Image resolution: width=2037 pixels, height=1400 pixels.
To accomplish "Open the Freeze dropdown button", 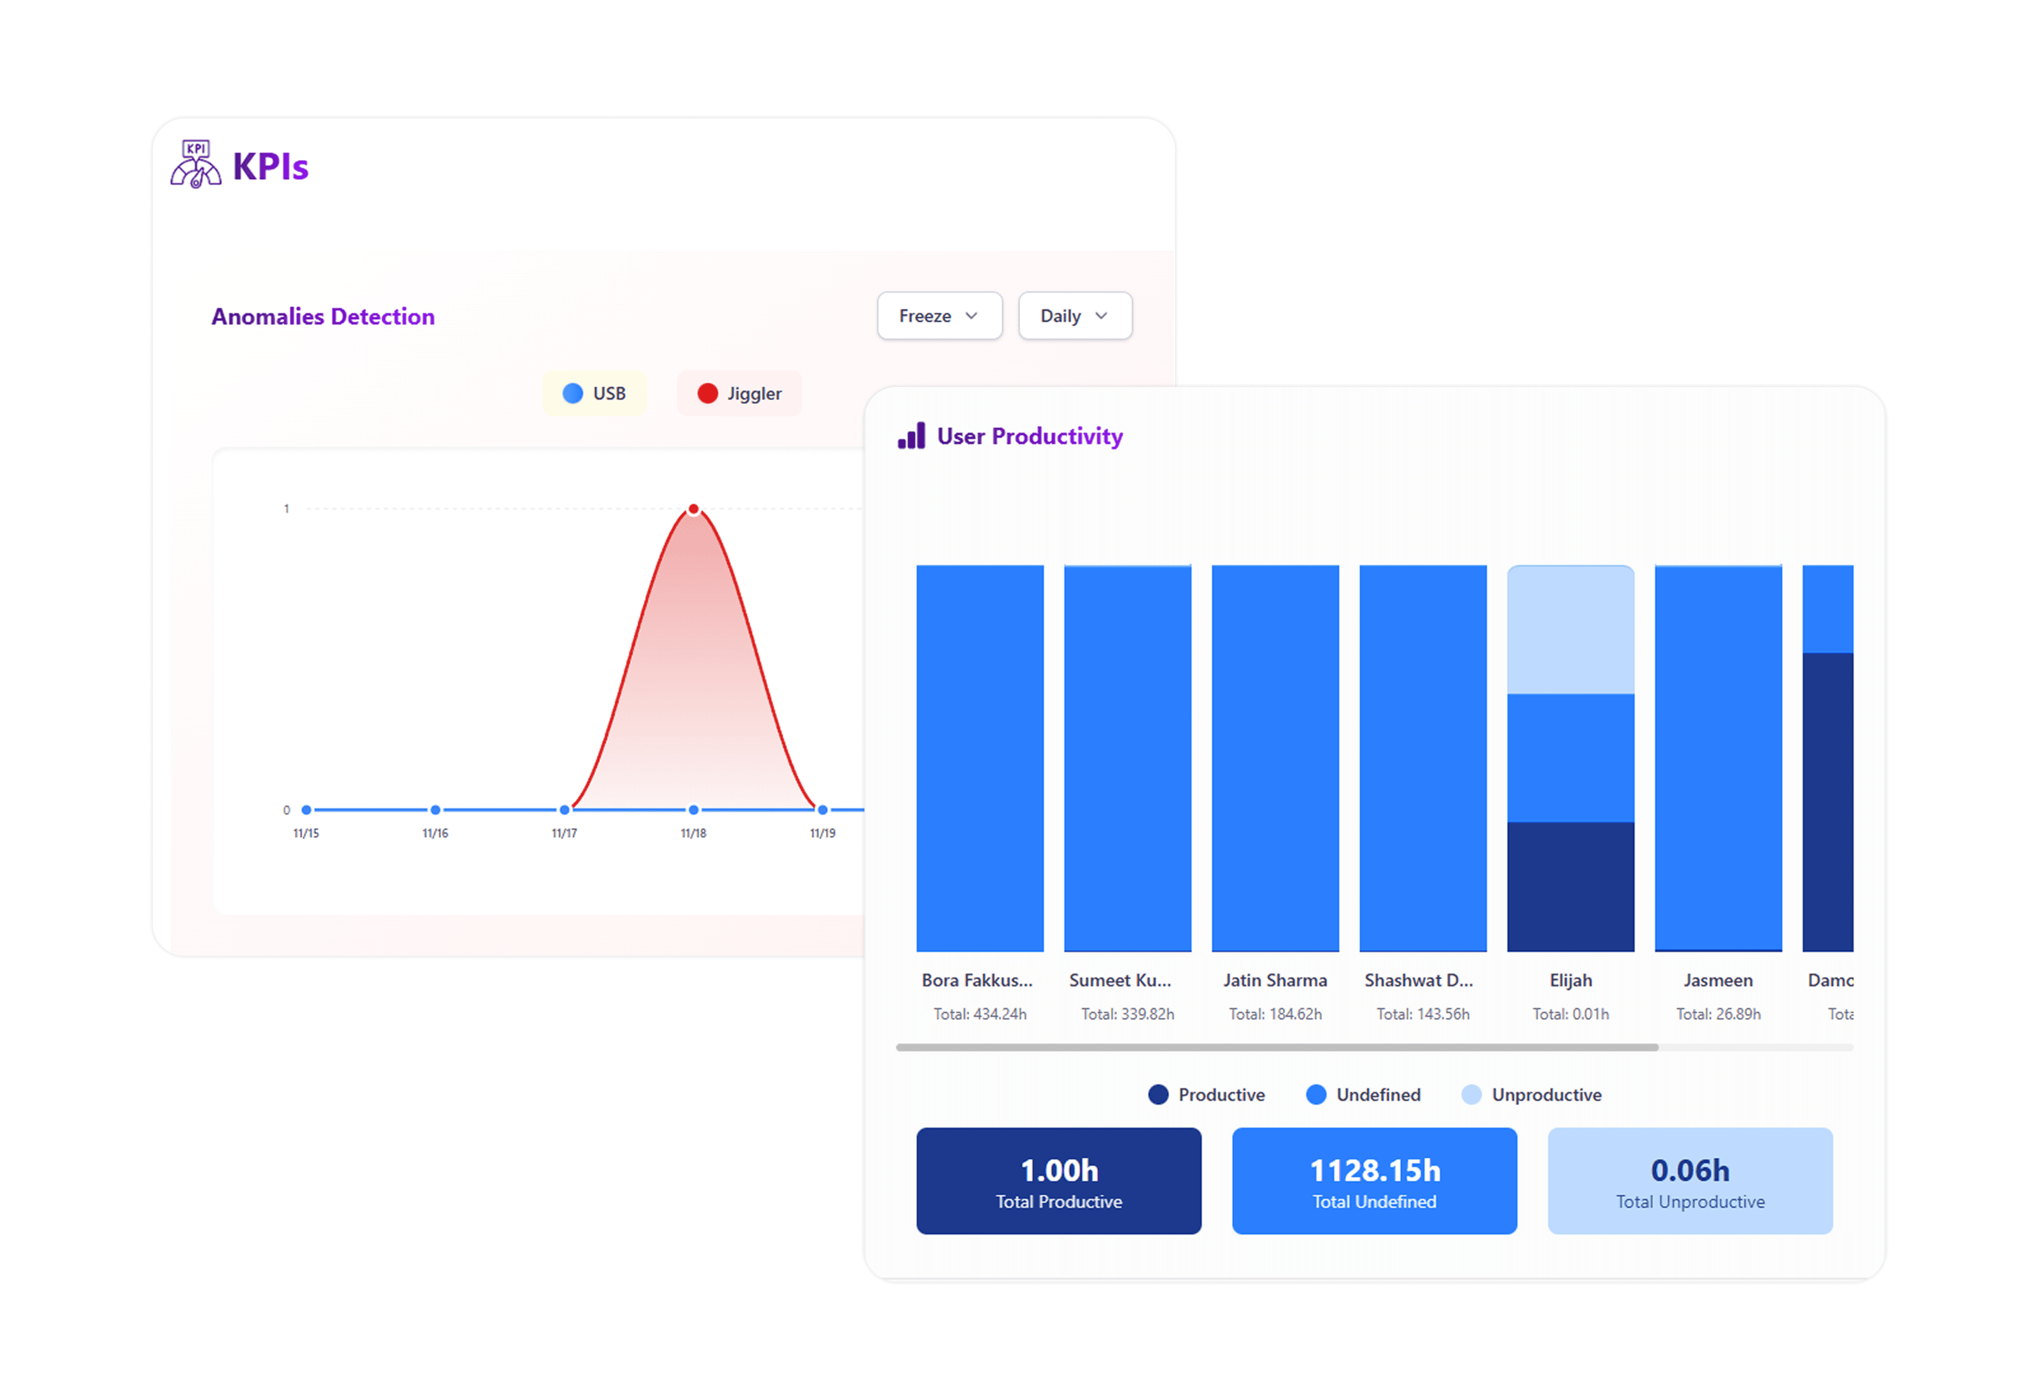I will click(x=939, y=316).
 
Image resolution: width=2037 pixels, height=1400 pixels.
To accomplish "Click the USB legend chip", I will click(x=594, y=393).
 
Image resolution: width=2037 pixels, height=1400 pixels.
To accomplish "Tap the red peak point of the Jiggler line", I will click(x=693, y=509).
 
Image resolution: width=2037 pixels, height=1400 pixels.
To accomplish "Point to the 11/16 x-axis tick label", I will click(x=435, y=833).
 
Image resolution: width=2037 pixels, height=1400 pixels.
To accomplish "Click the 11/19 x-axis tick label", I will click(x=822, y=833).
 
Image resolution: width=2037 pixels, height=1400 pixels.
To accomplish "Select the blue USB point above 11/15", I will click(x=306, y=810).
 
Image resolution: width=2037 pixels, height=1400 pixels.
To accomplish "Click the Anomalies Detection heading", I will click(x=323, y=317).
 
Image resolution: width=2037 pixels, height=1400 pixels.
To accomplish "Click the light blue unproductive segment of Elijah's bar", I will click(x=1570, y=630).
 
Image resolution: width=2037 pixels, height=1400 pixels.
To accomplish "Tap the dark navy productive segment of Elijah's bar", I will click(x=1570, y=886).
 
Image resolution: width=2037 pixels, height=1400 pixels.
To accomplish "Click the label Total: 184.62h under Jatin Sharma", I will click(x=1275, y=1014).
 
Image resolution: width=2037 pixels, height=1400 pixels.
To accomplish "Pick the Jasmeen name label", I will click(x=1717, y=980).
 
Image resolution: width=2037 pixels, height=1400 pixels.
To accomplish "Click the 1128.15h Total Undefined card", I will click(x=1374, y=1180).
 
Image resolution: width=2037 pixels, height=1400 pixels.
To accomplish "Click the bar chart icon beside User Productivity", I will click(x=911, y=436).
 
